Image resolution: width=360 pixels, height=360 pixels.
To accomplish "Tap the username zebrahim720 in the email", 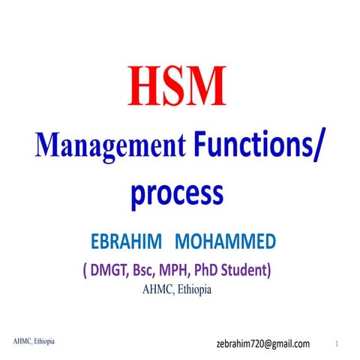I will [x=241, y=343].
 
